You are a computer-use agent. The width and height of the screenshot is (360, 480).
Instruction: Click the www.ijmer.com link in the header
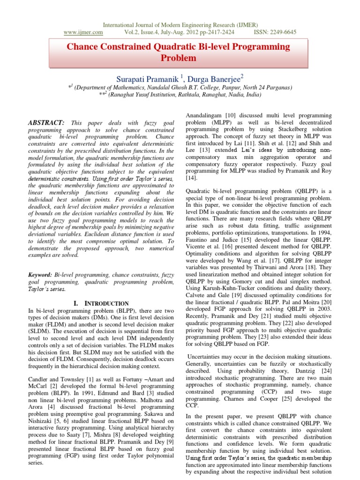[83, 32]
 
